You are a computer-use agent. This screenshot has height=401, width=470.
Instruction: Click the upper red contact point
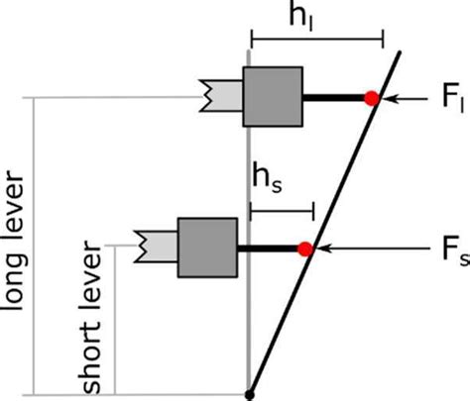tap(371, 97)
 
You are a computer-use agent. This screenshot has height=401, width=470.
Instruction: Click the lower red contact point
tap(305, 248)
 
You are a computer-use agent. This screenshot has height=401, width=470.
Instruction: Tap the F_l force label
tap(438, 99)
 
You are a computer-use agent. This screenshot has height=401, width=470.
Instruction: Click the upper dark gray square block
tap(273, 96)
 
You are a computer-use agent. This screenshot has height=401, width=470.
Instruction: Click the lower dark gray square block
tap(206, 247)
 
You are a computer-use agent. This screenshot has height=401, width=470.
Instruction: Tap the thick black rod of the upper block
tap(333, 97)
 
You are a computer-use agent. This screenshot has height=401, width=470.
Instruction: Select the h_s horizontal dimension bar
tap(282, 209)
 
